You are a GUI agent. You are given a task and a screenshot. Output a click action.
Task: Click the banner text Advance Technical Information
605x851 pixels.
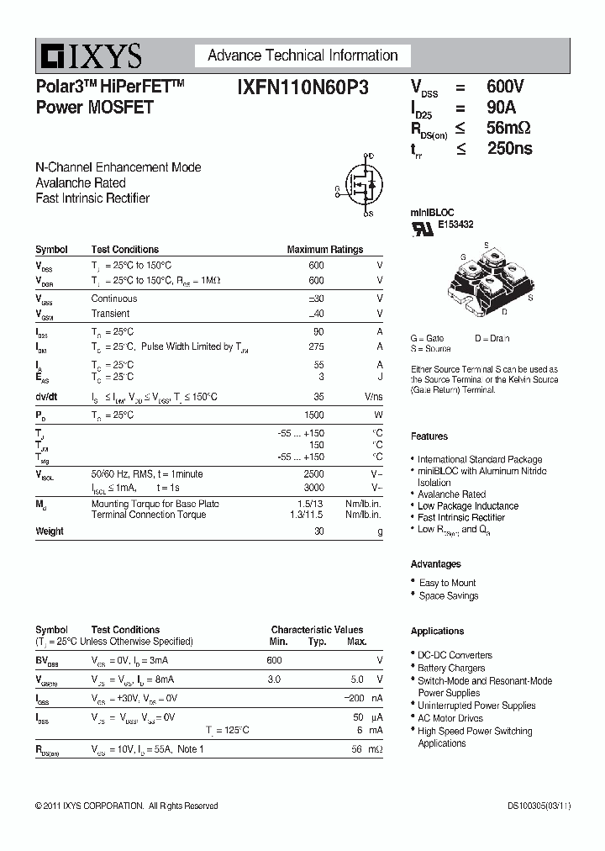(x=302, y=55)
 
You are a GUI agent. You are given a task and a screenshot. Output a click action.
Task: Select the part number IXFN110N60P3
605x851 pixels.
(x=302, y=87)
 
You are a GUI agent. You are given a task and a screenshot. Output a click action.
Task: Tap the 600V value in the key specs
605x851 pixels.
(x=505, y=87)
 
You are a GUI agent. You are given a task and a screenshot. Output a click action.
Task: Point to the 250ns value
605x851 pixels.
(x=509, y=149)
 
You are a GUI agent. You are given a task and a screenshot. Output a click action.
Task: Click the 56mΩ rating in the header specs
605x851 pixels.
(x=508, y=128)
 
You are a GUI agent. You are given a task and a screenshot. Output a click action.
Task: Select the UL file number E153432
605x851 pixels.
(x=455, y=225)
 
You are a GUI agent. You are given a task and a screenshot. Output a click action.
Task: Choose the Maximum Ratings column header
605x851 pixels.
(x=324, y=250)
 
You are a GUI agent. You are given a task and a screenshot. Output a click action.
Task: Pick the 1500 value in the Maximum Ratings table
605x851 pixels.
(x=315, y=415)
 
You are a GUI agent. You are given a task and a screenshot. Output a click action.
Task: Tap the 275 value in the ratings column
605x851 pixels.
(x=317, y=346)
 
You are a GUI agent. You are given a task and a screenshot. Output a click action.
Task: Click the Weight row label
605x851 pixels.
(x=50, y=531)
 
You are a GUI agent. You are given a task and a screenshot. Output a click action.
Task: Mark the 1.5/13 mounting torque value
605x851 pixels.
(x=308, y=504)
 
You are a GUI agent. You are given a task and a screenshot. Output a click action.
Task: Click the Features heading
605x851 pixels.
(x=429, y=436)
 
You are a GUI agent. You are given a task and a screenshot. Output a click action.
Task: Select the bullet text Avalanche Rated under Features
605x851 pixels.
(x=451, y=494)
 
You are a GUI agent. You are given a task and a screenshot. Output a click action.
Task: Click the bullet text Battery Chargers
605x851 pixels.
(x=451, y=668)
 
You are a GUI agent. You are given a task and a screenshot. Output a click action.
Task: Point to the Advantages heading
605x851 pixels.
(x=435, y=564)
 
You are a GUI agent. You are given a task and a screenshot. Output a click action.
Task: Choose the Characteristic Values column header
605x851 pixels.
(x=317, y=630)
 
